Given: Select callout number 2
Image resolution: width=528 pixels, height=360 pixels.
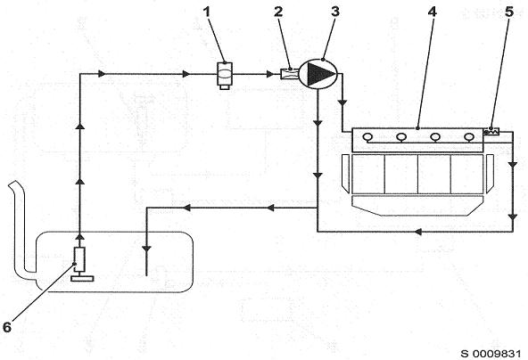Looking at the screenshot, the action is (x=278, y=12).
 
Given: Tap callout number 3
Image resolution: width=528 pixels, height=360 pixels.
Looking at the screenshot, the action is (x=335, y=12).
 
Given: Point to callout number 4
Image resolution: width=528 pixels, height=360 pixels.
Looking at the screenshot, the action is (x=432, y=12).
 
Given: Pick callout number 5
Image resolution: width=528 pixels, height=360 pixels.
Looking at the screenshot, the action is (x=509, y=12).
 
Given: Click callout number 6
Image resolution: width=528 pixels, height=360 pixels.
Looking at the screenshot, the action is (x=7, y=327).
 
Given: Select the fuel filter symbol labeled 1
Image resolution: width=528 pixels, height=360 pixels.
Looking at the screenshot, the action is (x=224, y=76).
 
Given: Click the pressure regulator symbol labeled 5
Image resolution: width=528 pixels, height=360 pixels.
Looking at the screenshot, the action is (x=492, y=132).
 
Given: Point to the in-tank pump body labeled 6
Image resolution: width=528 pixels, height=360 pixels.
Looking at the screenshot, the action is (x=79, y=259).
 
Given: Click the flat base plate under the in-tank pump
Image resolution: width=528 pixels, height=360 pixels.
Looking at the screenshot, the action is (x=82, y=279).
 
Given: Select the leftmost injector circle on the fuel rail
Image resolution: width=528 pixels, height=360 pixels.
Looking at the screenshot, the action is (x=367, y=137).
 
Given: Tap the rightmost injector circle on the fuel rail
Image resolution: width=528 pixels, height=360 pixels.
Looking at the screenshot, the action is (x=469, y=137).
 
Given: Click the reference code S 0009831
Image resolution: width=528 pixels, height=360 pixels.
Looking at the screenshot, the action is (x=491, y=354).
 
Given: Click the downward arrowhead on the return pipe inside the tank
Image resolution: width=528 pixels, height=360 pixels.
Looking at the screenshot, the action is (x=147, y=250).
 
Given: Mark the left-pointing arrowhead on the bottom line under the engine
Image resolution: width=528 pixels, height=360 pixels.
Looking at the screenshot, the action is (x=418, y=232).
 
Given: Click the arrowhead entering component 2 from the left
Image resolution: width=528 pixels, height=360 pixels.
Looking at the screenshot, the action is (x=270, y=74).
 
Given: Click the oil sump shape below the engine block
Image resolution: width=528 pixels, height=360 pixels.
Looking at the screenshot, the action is (x=417, y=206).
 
